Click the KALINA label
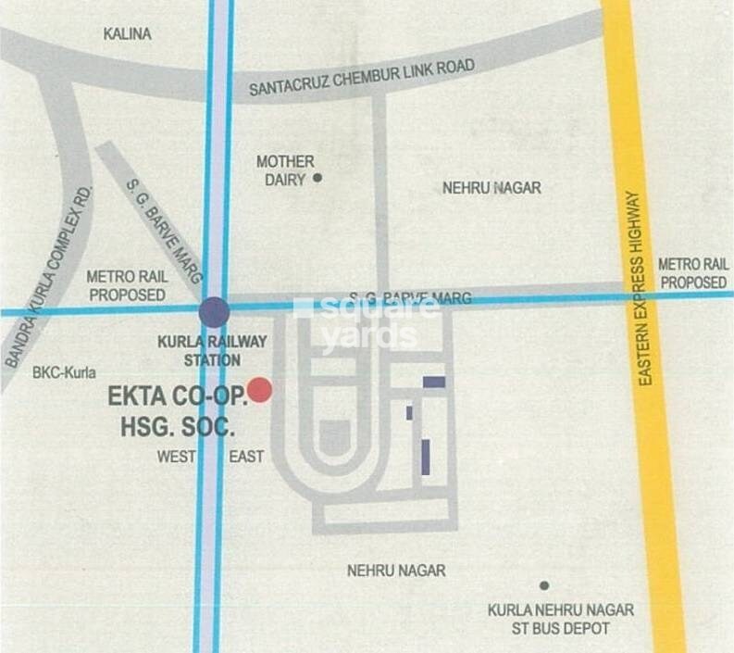coord(128,34)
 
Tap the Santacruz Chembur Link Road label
coord(363,79)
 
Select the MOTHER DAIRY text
coord(284,170)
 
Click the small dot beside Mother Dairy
coord(317,177)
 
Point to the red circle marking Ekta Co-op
coord(259,390)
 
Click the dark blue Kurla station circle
coord(214,311)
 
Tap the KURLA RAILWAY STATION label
coord(212,350)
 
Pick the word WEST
coord(177,456)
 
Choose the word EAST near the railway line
coord(246,456)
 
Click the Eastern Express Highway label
coord(634,289)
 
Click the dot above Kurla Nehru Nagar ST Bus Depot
coord(544,585)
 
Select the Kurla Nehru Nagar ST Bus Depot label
coord(561,620)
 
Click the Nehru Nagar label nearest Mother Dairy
coord(491,188)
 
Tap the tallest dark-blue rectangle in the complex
coord(426,458)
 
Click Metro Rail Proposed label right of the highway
coord(692,273)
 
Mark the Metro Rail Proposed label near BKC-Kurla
coord(125,285)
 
